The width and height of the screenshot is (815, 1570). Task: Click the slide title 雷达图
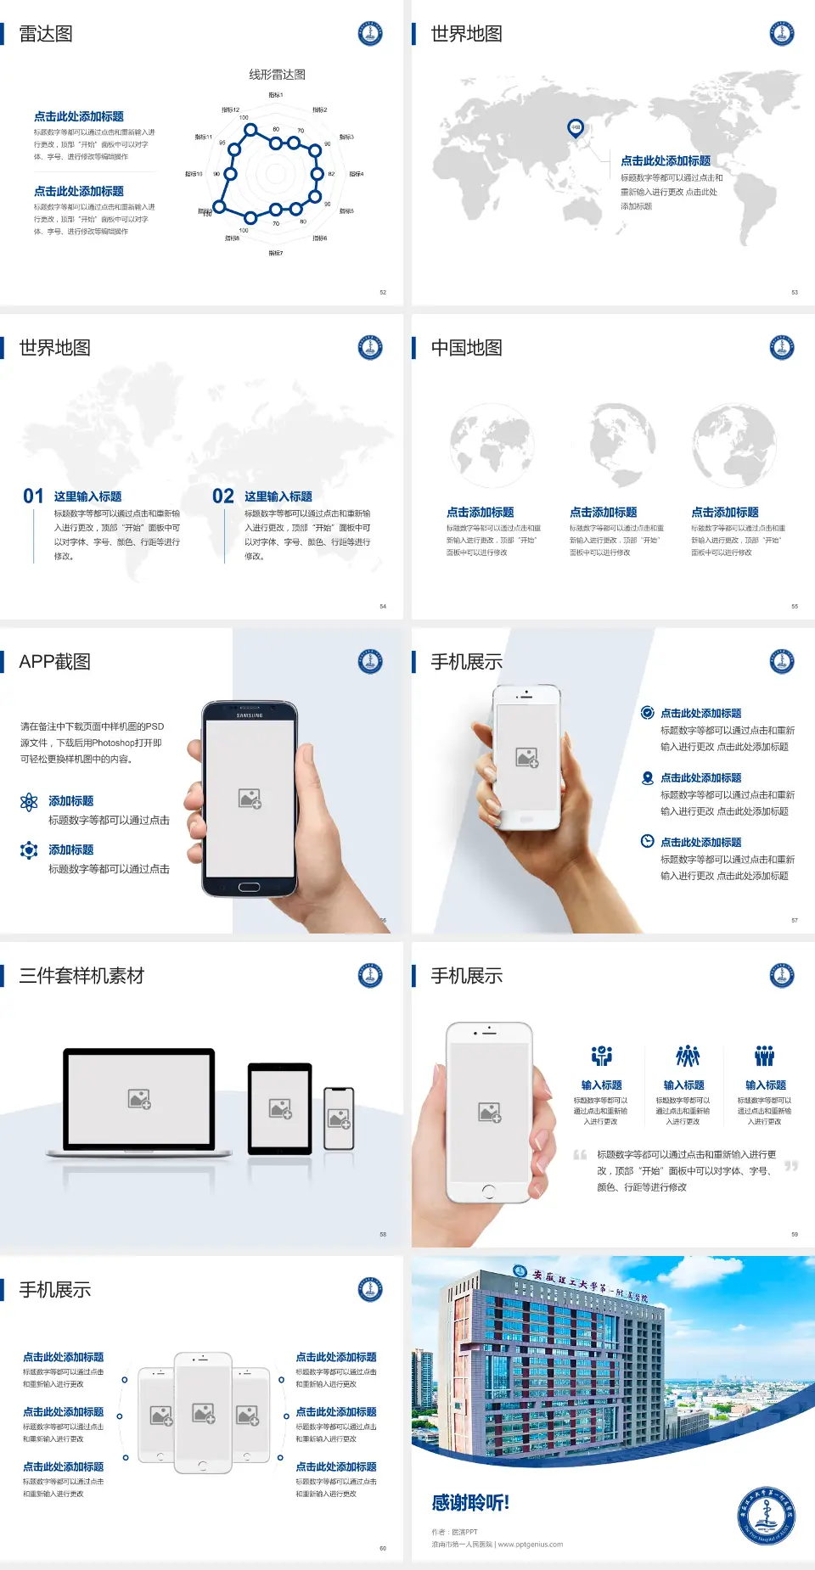[x=46, y=34]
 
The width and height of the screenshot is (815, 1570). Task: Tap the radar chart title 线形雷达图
[x=277, y=75]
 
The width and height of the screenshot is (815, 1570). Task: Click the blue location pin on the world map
[x=576, y=128]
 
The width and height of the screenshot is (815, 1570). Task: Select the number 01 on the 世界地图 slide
[x=33, y=496]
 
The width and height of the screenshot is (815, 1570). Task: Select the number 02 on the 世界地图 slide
[x=223, y=496]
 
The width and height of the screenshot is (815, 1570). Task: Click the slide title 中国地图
[x=466, y=348]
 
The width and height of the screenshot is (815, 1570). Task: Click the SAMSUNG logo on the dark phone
[x=250, y=715]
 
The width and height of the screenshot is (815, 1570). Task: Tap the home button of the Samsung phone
[x=249, y=887]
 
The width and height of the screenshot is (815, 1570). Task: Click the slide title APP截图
[x=54, y=662]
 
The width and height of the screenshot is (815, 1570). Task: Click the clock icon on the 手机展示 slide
[x=647, y=841]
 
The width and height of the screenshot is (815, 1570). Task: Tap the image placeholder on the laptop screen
[x=139, y=1099]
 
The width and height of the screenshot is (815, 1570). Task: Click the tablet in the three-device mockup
[x=280, y=1108]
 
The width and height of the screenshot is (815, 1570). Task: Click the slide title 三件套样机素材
[x=81, y=976]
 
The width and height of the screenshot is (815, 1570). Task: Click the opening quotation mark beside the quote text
[x=580, y=1155]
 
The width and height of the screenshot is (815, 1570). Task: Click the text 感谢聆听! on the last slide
[x=470, y=1503]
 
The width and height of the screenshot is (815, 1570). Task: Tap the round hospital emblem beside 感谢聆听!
[x=766, y=1515]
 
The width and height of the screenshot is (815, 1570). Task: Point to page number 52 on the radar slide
[x=383, y=292]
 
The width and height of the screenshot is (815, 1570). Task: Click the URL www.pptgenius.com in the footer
[x=531, y=1545]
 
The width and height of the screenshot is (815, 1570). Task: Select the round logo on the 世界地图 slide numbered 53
[x=782, y=34]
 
